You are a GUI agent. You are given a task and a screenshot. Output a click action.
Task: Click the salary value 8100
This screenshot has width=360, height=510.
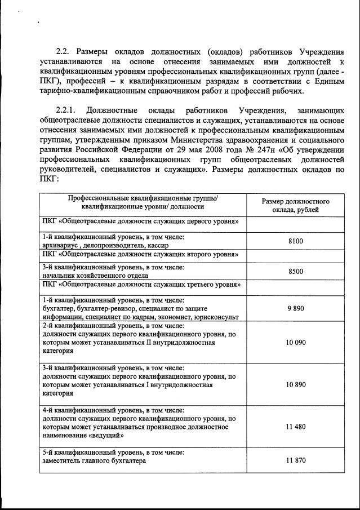pos(295,241)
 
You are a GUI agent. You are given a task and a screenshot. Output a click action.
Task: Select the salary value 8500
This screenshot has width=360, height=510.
pos(295,272)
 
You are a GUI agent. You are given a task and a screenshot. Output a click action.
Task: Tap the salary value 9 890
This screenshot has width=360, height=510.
pos(295,309)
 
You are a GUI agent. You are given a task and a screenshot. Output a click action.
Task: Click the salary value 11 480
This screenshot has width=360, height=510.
pos(295,427)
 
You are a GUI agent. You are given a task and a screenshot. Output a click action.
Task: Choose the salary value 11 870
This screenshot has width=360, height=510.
pos(295,460)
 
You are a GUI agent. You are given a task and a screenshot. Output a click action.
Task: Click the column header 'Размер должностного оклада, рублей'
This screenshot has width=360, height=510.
pos(295,206)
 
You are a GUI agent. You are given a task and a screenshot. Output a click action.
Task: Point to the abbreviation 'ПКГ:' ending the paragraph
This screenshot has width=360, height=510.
pos(50,179)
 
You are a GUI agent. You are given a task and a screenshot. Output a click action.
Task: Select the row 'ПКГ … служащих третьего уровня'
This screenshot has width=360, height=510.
pos(141,285)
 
